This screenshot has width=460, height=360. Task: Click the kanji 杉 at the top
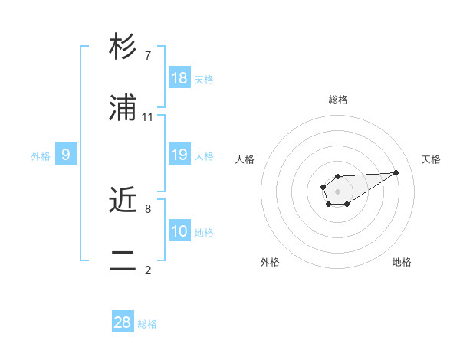point(123,47)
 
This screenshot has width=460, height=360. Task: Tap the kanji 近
point(123,201)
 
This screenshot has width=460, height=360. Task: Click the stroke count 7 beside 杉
point(148,56)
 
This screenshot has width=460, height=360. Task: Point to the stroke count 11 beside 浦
point(148,117)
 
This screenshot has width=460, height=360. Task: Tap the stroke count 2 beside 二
point(148,270)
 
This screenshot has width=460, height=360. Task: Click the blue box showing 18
point(179,78)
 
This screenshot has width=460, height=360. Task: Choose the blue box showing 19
point(179,155)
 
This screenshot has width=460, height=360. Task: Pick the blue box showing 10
point(179,231)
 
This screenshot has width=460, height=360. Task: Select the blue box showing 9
point(66,155)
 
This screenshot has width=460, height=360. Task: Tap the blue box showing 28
point(123,322)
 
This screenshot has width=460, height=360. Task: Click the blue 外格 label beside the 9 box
point(41,156)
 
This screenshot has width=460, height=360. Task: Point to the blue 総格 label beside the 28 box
point(147,324)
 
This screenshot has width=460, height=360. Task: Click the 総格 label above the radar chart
point(338,100)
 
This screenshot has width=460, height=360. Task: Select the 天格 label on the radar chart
point(431,159)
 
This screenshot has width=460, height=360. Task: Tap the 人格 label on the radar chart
point(245,159)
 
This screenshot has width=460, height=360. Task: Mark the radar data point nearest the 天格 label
point(396,172)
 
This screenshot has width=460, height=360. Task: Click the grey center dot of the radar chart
point(337,191)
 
